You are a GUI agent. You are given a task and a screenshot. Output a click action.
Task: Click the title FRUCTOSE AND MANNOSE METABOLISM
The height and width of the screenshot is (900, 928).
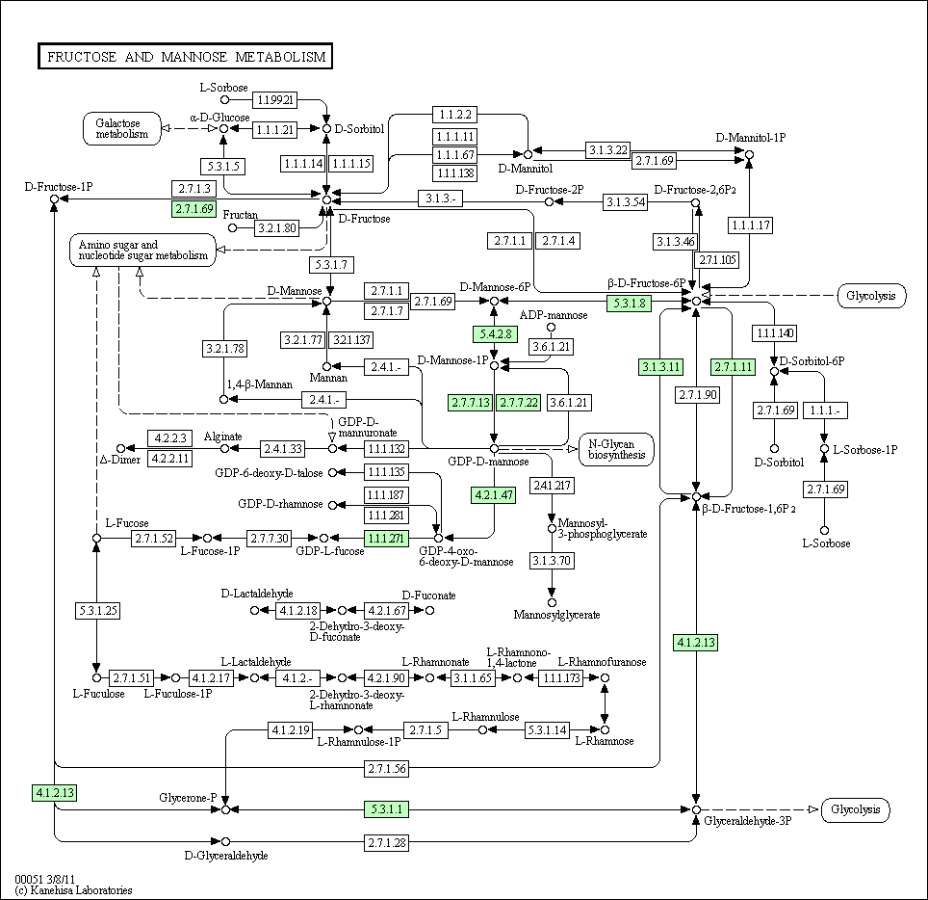(186, 57)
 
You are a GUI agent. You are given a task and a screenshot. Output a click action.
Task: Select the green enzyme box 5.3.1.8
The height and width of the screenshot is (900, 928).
(631, 303)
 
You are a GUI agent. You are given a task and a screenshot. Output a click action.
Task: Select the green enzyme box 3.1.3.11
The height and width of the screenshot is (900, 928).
(660, 366)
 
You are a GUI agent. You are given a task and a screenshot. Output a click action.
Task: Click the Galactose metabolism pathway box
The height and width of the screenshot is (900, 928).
(121, 128)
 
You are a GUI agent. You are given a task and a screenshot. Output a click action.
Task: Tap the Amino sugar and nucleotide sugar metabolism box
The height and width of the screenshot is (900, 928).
(142, 251)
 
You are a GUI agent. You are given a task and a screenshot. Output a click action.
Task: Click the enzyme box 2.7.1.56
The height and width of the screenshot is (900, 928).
(387, 768)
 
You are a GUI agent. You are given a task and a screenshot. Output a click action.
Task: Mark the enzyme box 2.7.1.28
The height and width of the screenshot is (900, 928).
(387, 843)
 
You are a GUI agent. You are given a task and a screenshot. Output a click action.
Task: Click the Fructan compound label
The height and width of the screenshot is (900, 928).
(240, 214)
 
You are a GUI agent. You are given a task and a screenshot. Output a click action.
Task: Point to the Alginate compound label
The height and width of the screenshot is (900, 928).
(222, 437)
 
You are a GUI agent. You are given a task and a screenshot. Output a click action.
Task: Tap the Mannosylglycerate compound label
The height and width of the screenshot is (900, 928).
(556, 614)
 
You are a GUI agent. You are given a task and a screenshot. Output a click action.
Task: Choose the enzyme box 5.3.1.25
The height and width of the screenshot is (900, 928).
(96, 610)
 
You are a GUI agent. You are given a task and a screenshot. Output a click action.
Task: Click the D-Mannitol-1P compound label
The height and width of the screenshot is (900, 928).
(751, 137)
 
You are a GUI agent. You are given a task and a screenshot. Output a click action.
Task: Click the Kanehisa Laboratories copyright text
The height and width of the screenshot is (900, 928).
(73, 890)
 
